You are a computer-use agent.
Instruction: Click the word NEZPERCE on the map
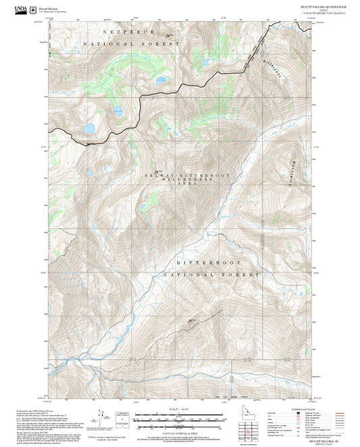(128, 32)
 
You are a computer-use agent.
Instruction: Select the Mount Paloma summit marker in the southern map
(191, 320)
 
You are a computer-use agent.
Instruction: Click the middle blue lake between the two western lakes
(118, 111)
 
